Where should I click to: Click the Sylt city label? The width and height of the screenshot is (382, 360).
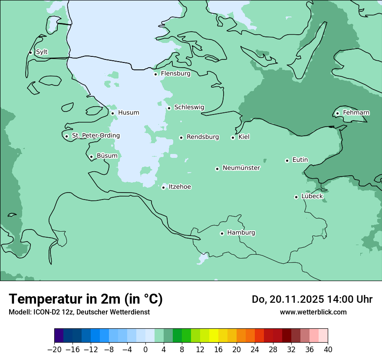(42, 52)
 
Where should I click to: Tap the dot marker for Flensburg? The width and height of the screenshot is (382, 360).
(155, 74)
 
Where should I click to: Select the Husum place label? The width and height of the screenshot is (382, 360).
(128, 113)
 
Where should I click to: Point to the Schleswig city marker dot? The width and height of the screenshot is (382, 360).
(169, 108)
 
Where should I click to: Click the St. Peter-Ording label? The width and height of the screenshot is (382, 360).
(95, 136)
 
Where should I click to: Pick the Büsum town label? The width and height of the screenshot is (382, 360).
(107, 156)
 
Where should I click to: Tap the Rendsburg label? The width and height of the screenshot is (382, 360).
(203, 137)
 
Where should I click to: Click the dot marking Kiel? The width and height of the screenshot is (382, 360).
(233, 137)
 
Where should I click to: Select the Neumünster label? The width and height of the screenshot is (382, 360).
(241, 168)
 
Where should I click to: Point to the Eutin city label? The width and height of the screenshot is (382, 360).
(300, 160)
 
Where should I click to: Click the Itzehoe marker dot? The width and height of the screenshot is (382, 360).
(163, 187)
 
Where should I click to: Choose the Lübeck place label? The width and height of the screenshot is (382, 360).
(312, 196)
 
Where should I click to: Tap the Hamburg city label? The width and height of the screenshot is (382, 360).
(241, 233)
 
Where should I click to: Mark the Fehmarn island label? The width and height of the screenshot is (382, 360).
(356, 113)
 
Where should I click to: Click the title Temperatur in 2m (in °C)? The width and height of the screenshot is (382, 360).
(86, 299)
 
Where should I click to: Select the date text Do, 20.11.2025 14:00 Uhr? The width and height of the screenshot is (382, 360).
(312, 299)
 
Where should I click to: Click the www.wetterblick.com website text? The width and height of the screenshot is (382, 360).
(313, 312)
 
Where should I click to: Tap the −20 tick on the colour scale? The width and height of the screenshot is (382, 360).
(55, 350)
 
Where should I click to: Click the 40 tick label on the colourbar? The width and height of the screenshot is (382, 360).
(328, 350)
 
